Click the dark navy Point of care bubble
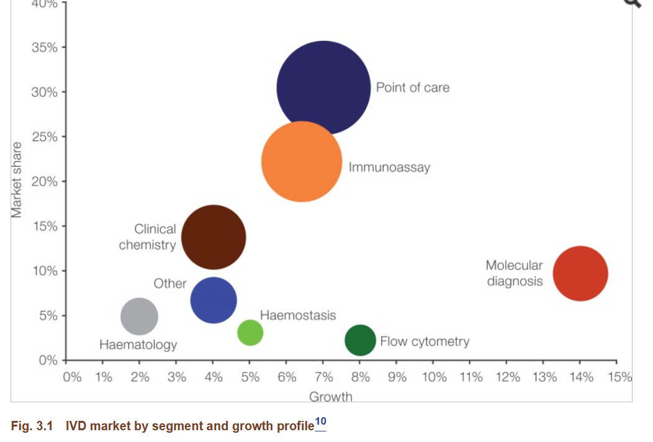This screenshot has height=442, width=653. pos(323,88)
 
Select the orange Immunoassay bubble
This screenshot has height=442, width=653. pos(302,161)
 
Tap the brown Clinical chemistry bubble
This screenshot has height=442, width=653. pos(214,237)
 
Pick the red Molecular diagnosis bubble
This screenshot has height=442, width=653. pos(580,274)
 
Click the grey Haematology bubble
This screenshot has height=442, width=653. pos(139,316)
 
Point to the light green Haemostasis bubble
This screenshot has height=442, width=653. pos(250,333)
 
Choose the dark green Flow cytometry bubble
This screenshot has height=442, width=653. pos(360,340)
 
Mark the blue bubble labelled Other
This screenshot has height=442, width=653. pos(214,300)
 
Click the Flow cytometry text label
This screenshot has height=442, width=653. pos(425,341)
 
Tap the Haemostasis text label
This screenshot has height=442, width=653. pos(298,315)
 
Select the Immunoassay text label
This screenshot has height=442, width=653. pos(389,168)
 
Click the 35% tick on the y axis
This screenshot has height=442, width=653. pos(46,47)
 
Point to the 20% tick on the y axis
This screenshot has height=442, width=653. pos(46,182)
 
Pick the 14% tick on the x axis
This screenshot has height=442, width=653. pos(581,377)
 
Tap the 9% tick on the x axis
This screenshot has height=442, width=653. pos(397,377)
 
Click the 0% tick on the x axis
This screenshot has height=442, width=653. pos(72,377)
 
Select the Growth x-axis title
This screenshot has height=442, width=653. pos(330,397)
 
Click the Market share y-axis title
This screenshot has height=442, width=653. pos(17,180)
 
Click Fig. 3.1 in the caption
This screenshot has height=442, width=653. pos(34,426)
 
